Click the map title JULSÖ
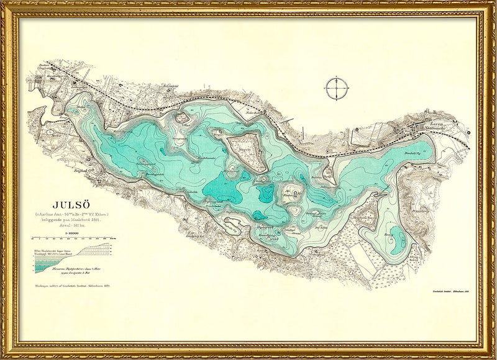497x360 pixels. [74, 204]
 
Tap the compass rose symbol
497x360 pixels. [336, 88]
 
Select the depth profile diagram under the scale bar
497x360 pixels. [71, 258]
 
